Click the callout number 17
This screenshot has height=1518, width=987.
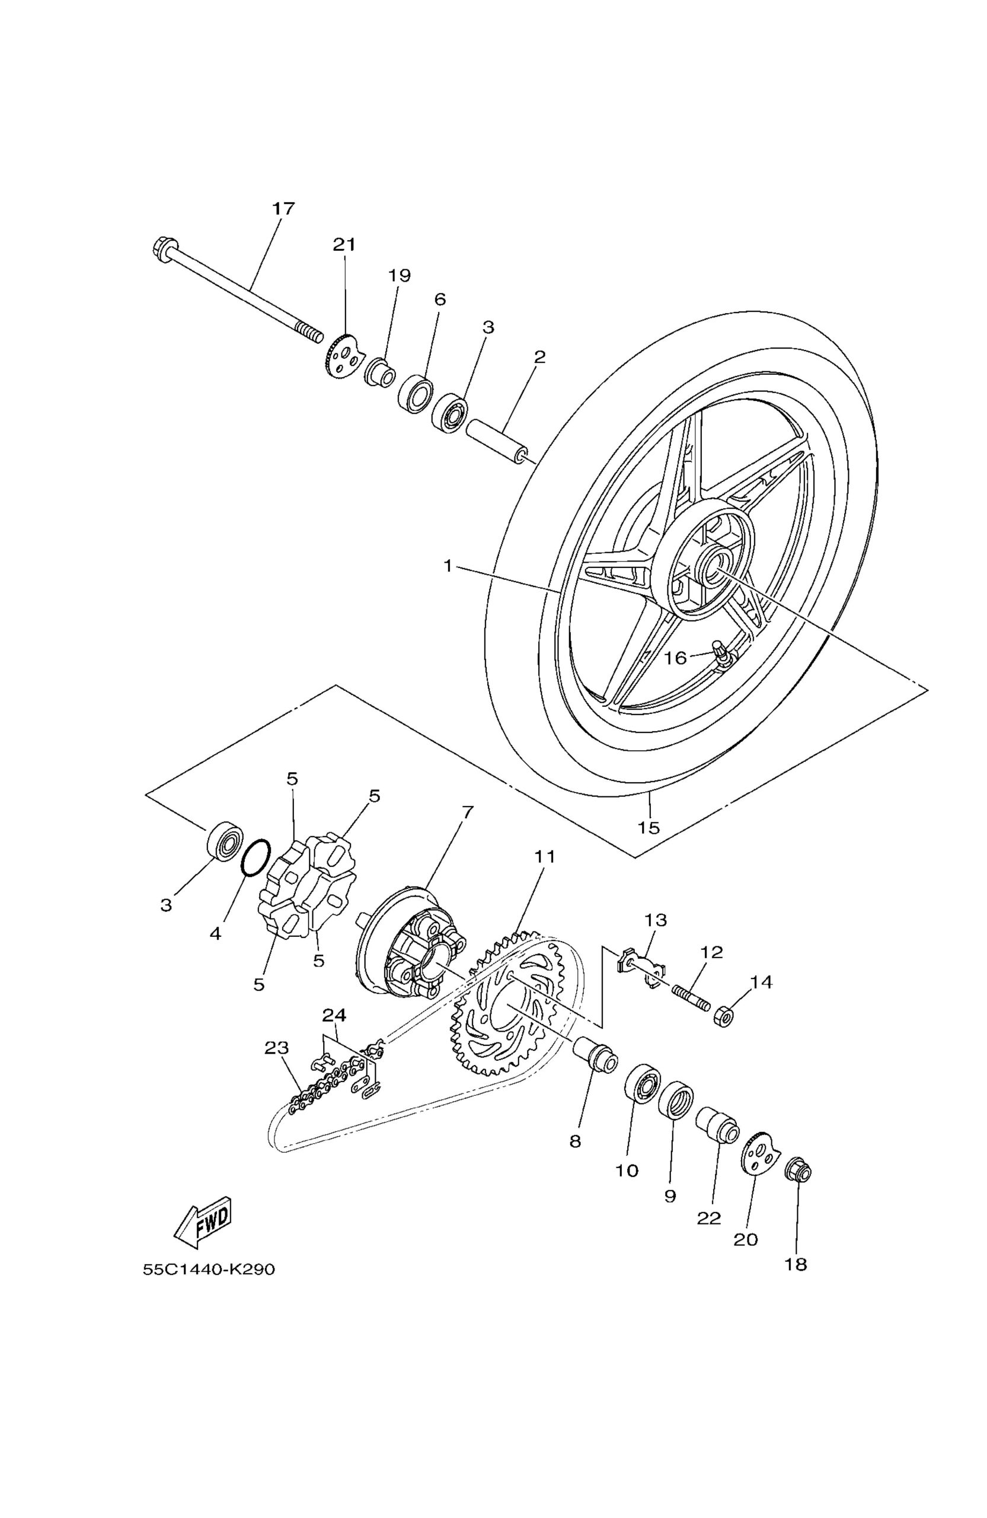(284, 209)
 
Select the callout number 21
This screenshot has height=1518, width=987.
(344, 245)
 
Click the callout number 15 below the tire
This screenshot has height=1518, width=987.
(649, 827)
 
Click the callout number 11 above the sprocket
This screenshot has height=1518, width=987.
(545, 857)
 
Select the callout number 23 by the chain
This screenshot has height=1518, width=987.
(277, 1048)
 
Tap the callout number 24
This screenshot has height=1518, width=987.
(334, 1015)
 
